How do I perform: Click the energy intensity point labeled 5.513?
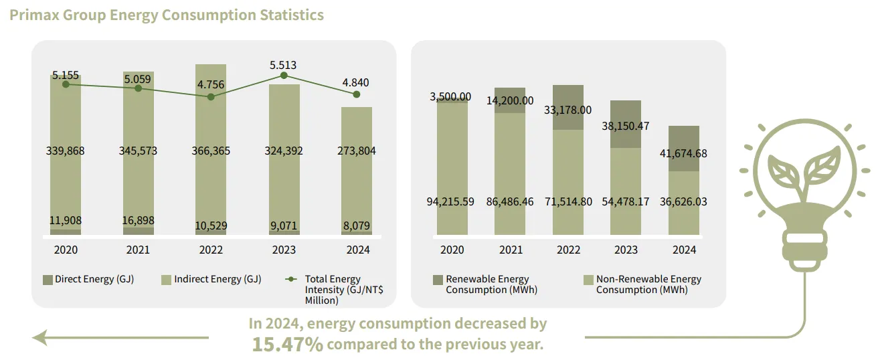pos(284,76)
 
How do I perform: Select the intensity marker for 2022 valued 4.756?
pos(211,96)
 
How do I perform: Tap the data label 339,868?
pos(66,151)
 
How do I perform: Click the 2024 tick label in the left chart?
pos(357,250)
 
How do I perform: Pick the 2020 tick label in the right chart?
pos(452,250)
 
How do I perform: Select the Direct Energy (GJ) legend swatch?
pos(48,279)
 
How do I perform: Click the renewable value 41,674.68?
pos(684,153)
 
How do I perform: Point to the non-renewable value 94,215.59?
pos(452,201)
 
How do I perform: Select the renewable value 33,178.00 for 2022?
pos(568,110)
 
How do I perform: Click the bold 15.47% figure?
pos(288,345)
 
